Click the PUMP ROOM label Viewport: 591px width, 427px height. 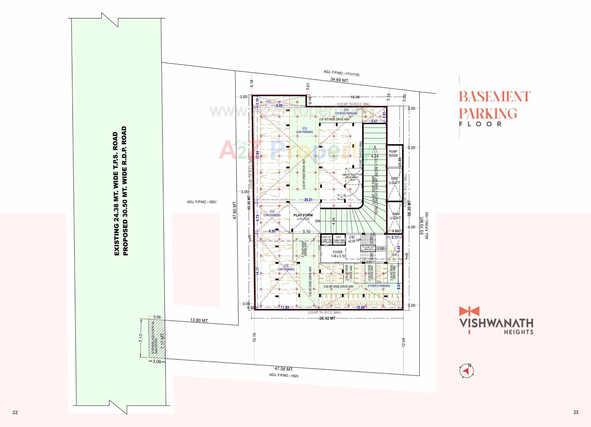click(x=393, y=154)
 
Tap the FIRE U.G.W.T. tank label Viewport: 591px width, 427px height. click(x=394, y=181)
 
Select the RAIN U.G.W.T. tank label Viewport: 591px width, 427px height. click(x=396, y=216)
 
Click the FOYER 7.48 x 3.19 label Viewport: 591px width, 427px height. click(x=338, y=254)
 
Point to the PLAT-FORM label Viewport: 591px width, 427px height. click(x=303, y=216)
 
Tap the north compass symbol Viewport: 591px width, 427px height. click(x=466, y=371)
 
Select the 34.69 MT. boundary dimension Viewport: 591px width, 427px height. click(x=340, y=80)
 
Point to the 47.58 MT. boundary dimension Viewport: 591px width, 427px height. click(x=283, y=369)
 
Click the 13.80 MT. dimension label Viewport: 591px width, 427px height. click(x=199, y=320)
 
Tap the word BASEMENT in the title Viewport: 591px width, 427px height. click(x=494, y=97)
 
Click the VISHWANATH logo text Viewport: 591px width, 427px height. click(x=496, y=323)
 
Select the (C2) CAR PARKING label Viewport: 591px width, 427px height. click(x=304, y=130)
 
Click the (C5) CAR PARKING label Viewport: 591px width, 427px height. click(x=286, y=268)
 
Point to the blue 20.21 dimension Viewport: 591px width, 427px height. click(x=308, y=200)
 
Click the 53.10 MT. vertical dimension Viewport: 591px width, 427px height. click(x=422, y=225)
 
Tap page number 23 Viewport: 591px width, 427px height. click(x=576, y=413)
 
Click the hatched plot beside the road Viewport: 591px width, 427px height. click(x=153, y=338)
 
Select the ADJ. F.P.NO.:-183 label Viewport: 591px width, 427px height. click(x=427, y=225)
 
